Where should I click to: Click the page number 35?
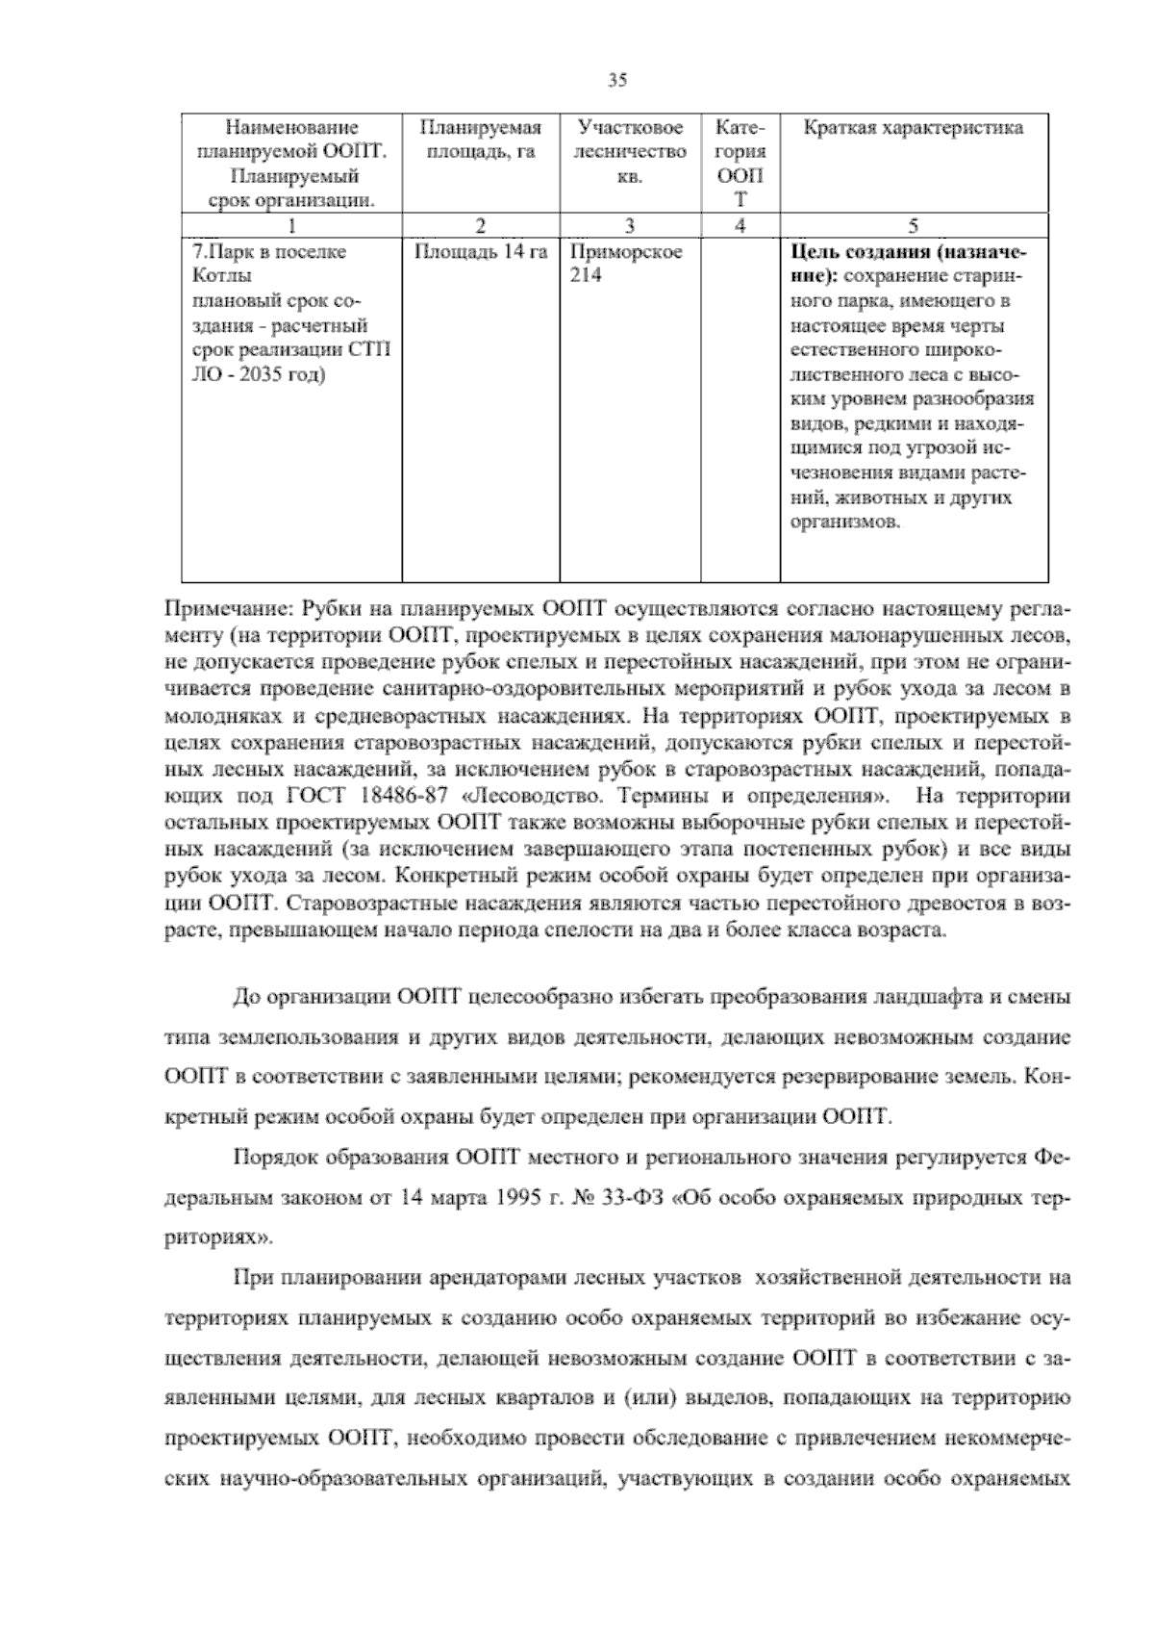617,81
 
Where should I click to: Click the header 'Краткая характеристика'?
913,128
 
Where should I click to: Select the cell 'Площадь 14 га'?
480,252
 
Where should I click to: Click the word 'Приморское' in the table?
626,252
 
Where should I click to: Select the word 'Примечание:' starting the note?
228,610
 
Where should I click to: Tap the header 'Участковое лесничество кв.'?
630,152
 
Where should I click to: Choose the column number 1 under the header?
291,225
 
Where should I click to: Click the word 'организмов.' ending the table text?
846,523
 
